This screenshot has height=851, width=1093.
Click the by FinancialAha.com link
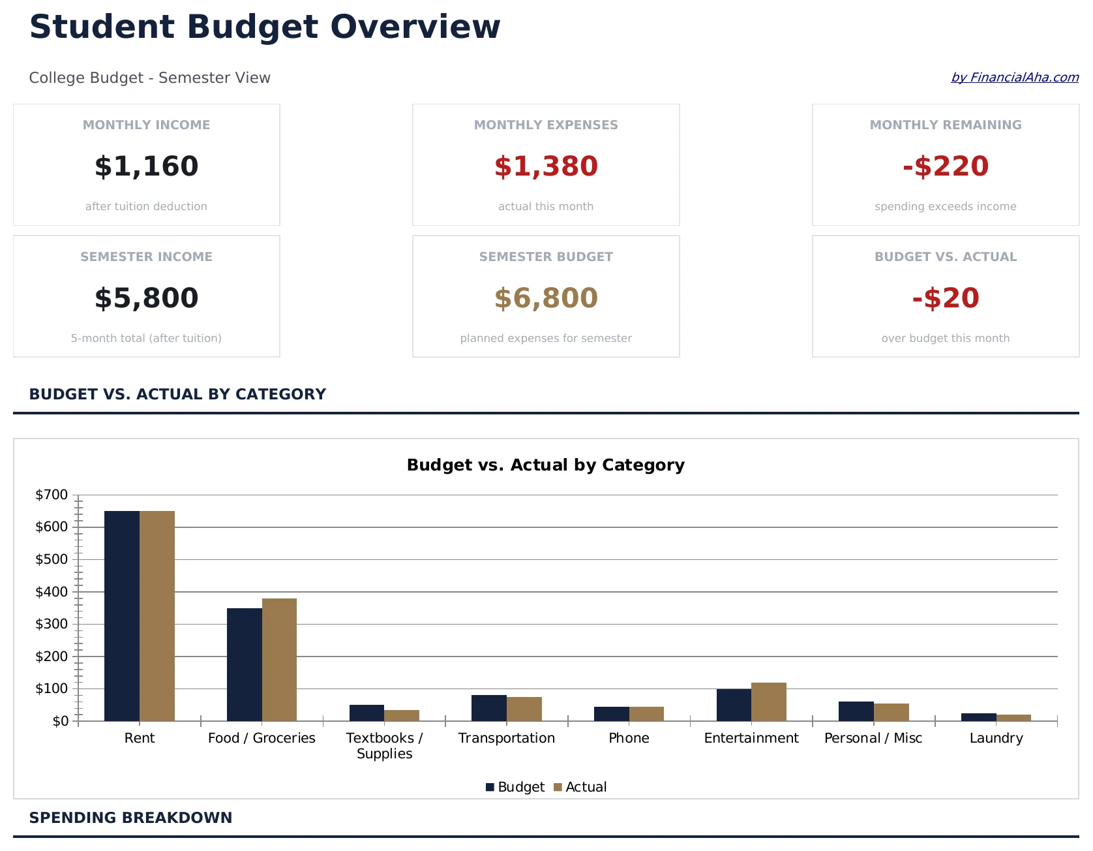[1014, 78]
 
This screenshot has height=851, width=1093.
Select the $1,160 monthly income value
[146, 166]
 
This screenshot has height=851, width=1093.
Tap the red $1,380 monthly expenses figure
[546, 166]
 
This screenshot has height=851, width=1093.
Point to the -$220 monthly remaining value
[945, 166]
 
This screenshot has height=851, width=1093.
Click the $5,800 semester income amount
[146, 298]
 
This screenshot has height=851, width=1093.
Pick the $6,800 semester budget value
[546, 298]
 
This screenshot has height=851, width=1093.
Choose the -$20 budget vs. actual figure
[945, 298]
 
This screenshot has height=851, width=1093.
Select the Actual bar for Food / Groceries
[279, 659]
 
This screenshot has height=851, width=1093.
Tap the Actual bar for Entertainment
[768, 702]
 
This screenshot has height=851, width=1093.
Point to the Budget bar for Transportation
[489, 708]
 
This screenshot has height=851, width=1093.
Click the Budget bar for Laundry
[978, 717]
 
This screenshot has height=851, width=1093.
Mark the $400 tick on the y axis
[52, 592]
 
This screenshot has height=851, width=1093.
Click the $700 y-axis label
[52, 495]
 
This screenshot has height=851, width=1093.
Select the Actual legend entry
[580, 787]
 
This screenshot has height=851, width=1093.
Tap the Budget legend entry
[515, 787]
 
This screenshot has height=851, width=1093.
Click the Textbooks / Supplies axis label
[384, 745]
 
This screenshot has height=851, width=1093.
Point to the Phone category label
[629, 738]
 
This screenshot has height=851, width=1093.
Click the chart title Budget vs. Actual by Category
[545, 465]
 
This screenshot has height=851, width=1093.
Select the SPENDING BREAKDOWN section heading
[130, 818]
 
